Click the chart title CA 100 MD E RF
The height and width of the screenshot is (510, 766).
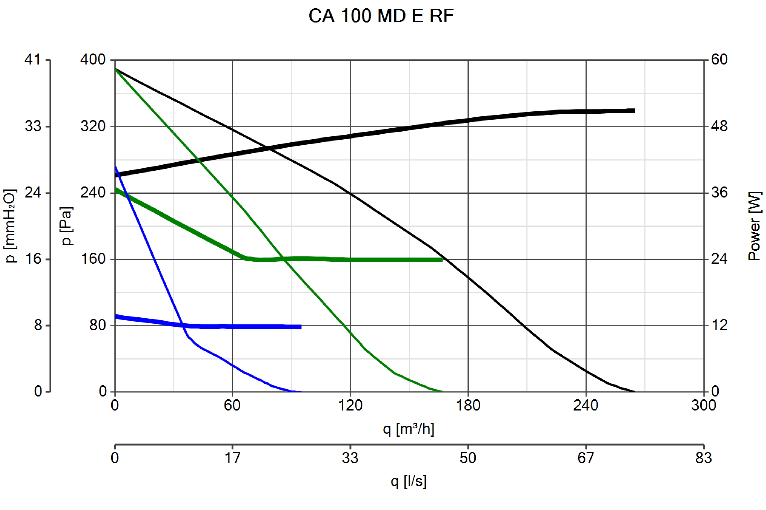pyautogui.click(x=381, y=16)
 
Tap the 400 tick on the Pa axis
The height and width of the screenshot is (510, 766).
pyautogui.click(x=93, y=60)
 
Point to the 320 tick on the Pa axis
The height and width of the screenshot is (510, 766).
pyautogui.click(x=93, y=126)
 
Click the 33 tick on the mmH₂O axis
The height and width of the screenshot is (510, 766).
pyautogui.click(x=33, y=126)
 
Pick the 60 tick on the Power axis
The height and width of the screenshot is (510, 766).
pyautogui.click(x=719, y=60)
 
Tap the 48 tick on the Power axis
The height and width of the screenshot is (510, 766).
pyautogui.click(x=719, y=126)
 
